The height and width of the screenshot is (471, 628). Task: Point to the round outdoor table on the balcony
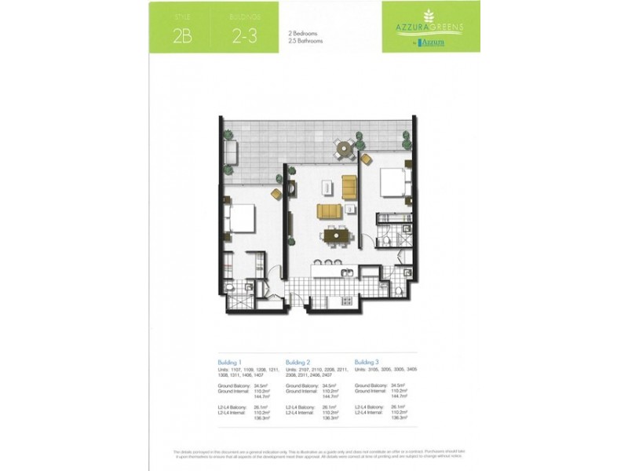(x=343, y=148)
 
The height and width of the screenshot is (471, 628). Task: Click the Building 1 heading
(x=229, y=362)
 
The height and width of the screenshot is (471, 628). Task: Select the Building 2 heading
(x=298, y=362)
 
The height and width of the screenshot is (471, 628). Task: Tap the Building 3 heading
(x=367, y=362)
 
